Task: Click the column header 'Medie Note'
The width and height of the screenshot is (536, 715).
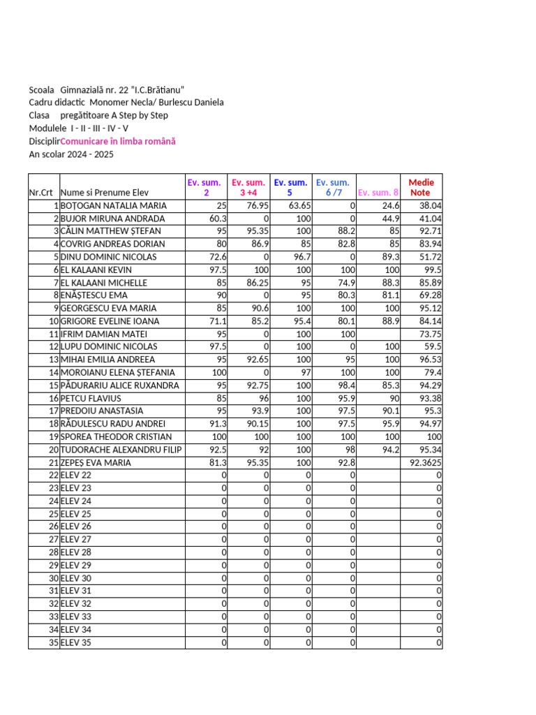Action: (x=420, y=187)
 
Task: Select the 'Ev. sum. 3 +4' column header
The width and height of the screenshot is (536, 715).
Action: (x=248, y=187)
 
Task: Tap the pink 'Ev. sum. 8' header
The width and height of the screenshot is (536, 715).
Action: (x=378, y=192)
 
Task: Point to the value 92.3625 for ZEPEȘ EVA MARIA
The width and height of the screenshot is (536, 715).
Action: (x=424, y=462)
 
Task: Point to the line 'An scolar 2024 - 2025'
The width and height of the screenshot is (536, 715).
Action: (x=70, y=154)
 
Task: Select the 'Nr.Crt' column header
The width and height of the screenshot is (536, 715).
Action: (x=41, y=193)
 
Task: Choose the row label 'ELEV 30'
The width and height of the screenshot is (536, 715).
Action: (x=76, y=578)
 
